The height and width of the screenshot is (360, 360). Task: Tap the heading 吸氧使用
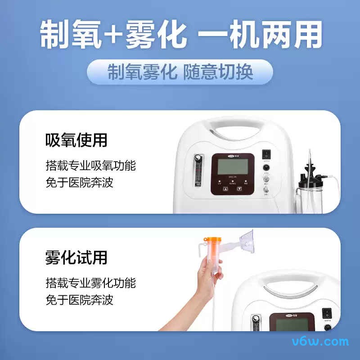76,140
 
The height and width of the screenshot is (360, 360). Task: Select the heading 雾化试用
76,258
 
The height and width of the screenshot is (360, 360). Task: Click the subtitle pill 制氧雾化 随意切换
180,72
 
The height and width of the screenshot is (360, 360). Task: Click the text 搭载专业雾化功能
90,283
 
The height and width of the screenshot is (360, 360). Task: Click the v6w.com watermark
326,341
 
